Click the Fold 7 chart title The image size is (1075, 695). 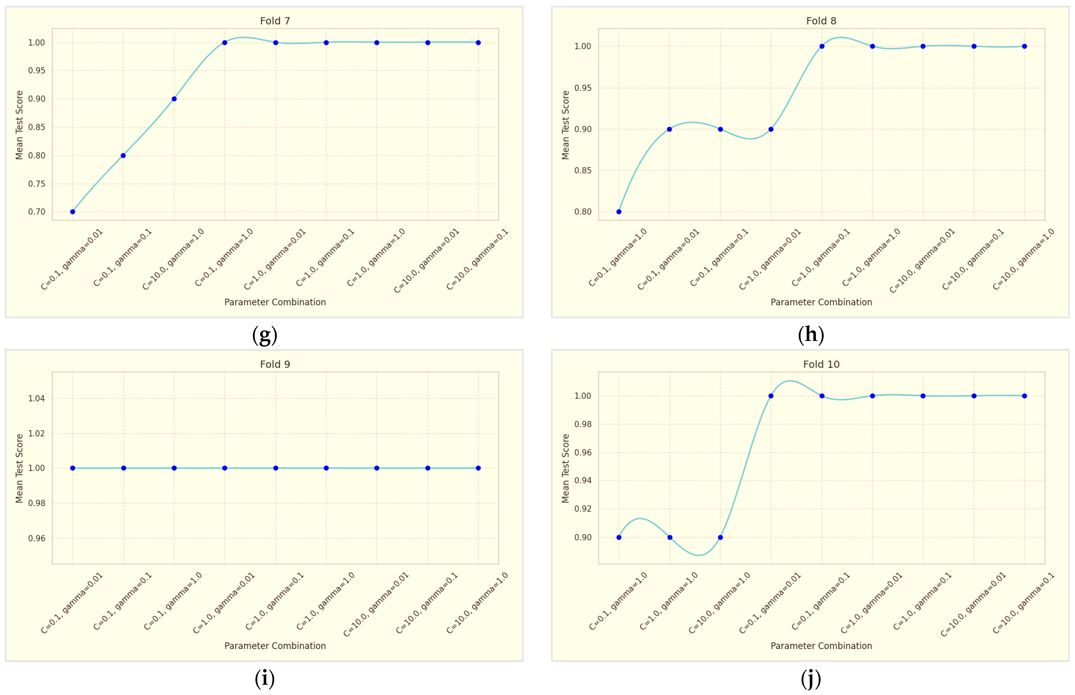click(x=275, y=21)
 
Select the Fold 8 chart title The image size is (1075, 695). click(x=821, y=21)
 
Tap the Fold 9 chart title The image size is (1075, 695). click(x=275, y=364)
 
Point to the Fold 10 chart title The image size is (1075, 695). click(x=821, y=364)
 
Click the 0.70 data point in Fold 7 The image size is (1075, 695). click(x=73, y=212)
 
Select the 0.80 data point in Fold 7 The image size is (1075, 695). click(x=123, y=156)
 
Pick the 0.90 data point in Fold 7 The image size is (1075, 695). click(x=174, y=99)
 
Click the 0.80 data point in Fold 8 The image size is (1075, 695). click(x=619, y=212)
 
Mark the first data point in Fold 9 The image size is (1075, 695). click(x=73, y=468)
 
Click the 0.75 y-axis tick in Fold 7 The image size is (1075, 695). click(x=36, y=184)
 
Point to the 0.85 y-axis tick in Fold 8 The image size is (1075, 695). click(x=583, y=170)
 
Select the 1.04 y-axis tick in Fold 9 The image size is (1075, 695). click(x=36, y=398)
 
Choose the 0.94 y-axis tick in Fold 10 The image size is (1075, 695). click(x=583, y=480)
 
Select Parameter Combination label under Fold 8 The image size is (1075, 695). click(x=821, y=302)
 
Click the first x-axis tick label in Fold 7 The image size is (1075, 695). click(x=72, y=260)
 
